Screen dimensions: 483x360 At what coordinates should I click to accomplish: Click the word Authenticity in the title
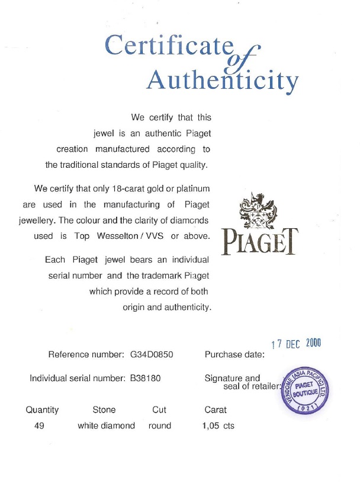(x=222, y=81)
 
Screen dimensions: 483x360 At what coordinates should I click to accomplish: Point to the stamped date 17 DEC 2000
(x=295, y=343)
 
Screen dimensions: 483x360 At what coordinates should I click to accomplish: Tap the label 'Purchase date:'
(x=234, y=355)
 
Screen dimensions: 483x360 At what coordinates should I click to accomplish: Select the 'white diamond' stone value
(x=107, y=426)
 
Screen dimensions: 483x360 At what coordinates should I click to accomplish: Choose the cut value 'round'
(x=160, y=426)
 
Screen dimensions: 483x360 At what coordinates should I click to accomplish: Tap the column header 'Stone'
(x=104, y=410)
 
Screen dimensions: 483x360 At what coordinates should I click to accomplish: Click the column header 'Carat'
(x=216, y=410)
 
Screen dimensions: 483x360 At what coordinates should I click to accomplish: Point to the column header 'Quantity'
(x=42, y=410)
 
